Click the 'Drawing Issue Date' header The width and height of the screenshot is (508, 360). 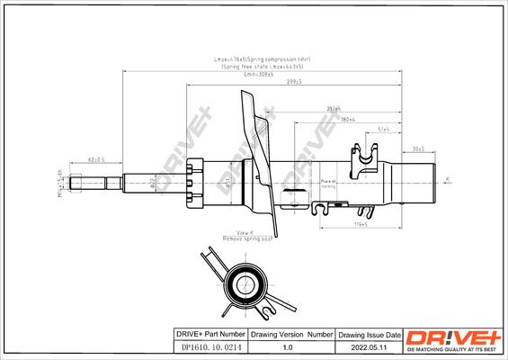click(x=369, y=335)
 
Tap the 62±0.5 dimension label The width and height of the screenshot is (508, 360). click(x=97, y=159)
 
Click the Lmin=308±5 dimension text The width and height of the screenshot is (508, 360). click(x=258, y=73)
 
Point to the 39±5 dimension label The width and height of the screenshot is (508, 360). click(x=418, y=148)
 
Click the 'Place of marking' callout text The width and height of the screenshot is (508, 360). click(x=329, y=184)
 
